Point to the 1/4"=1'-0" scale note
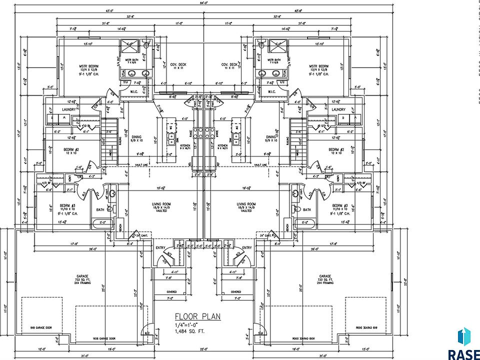click(187, 324)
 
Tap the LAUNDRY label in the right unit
click(338, 109)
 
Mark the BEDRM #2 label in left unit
click(70, 150)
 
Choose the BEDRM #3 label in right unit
click(338, 205)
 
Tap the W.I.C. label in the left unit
click(134, 91)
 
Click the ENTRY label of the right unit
click(246, 248)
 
